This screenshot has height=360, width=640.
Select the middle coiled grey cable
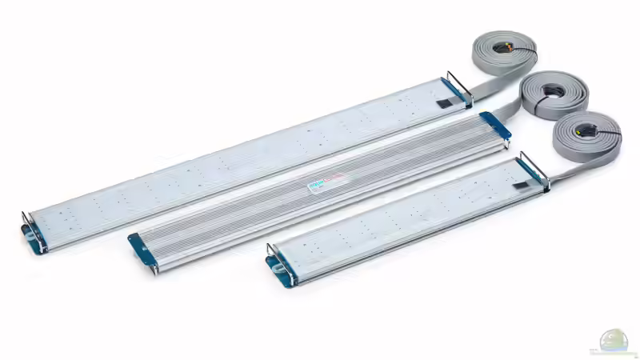(x=554, y=94)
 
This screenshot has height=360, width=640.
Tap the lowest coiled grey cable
(x=588, y=136)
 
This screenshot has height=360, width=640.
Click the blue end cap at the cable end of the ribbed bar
(x=496, y=127)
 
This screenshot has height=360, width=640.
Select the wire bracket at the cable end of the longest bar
(x=459, y=88)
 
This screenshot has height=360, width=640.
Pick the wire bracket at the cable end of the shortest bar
(x=534, y=170)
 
